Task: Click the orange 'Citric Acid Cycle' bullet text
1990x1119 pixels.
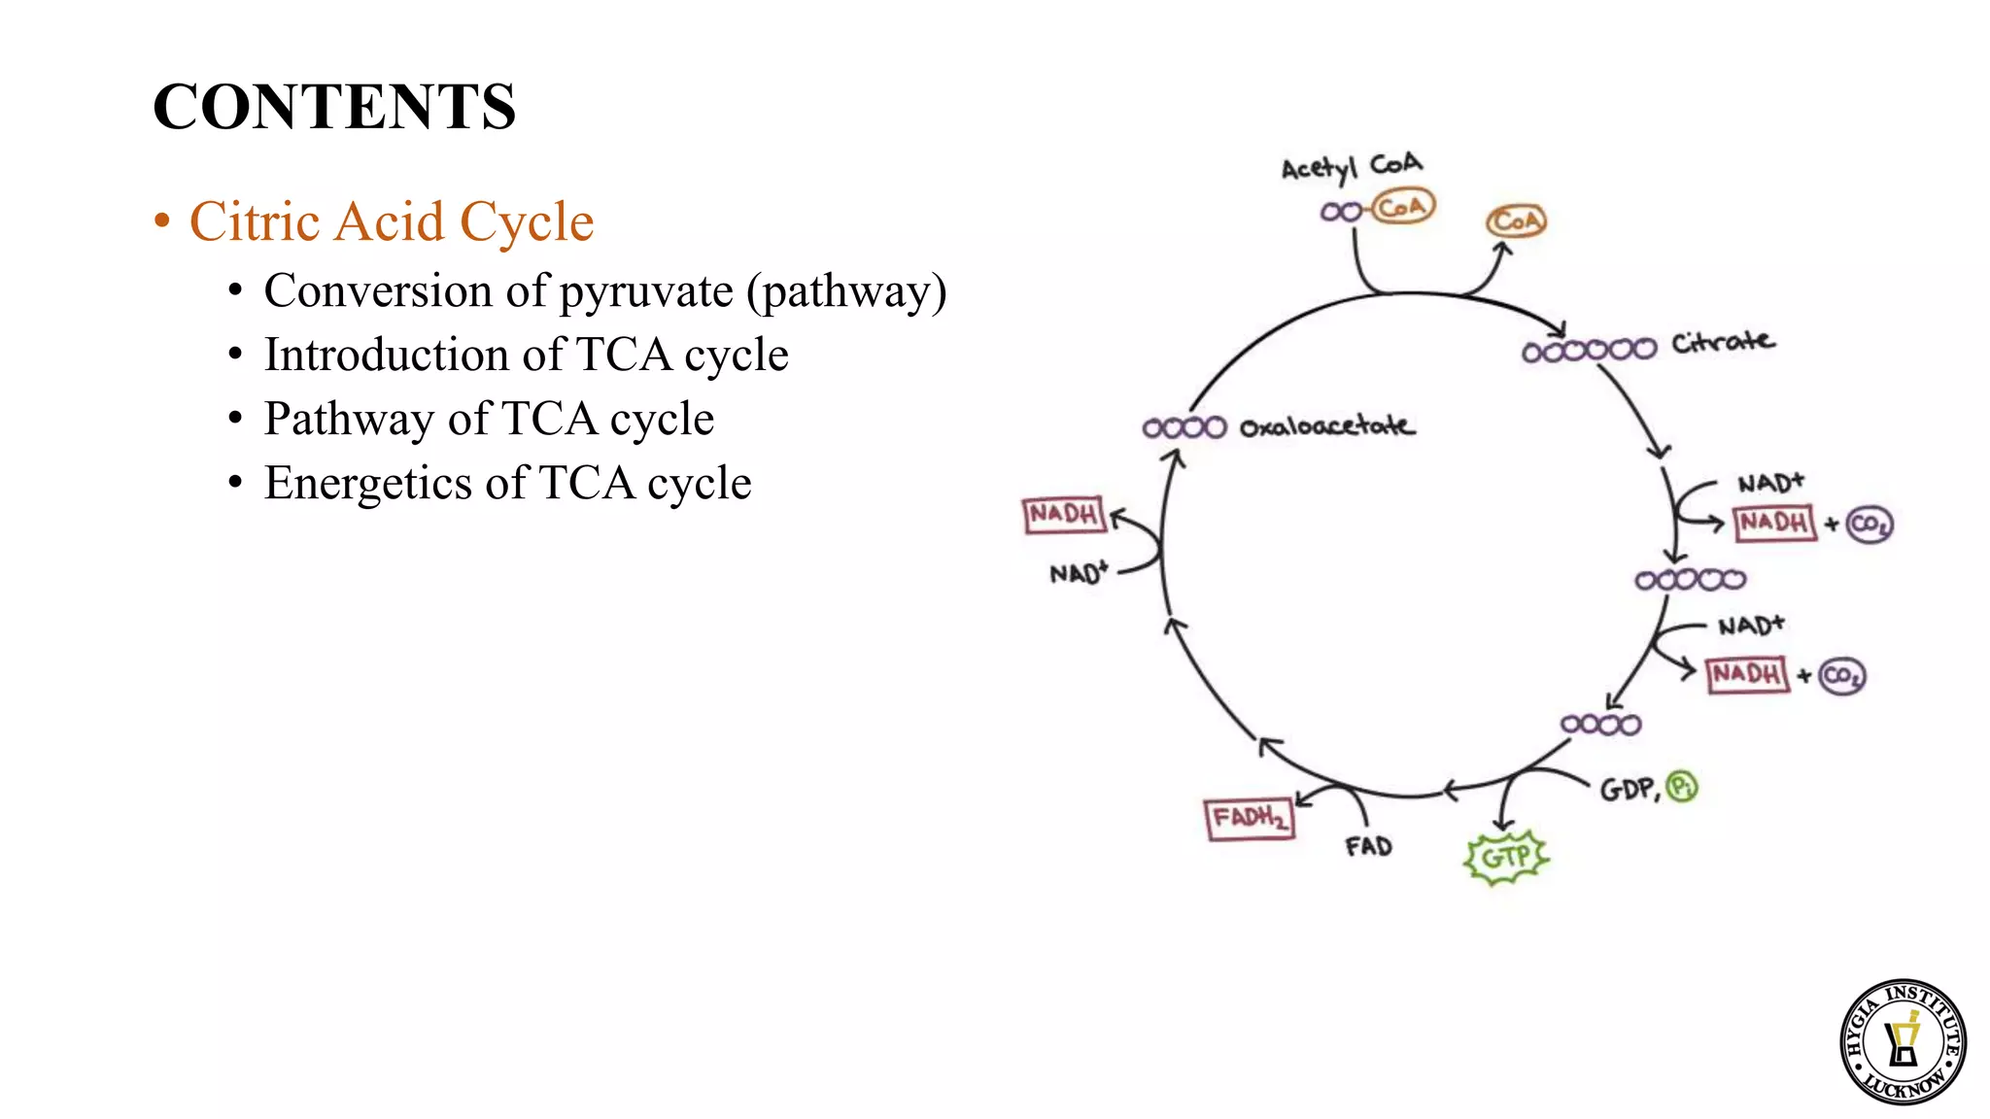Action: pos(391,221)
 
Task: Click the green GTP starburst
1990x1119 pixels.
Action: pos(1506,858)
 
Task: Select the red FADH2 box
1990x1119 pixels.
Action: pos(1250,819)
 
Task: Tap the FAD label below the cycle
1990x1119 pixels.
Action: pos(1368,847)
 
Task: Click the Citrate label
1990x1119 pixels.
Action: pos(1722,342)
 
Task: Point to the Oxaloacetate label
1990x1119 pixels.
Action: pos(1326,426)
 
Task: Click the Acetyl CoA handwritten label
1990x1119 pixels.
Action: pos(1350,167)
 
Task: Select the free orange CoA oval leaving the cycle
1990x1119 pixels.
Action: pos(1516,221)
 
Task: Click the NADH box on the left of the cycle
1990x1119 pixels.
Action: pos(1064,514)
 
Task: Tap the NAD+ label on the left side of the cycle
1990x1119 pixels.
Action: pos(1078,573)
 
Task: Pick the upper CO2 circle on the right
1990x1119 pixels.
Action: pos(1869,525)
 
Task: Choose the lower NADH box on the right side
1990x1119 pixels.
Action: pos(1747,674)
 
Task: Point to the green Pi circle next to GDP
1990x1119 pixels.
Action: pos(1681,786)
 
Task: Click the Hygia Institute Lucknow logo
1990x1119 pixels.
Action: pos(1903,1041)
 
